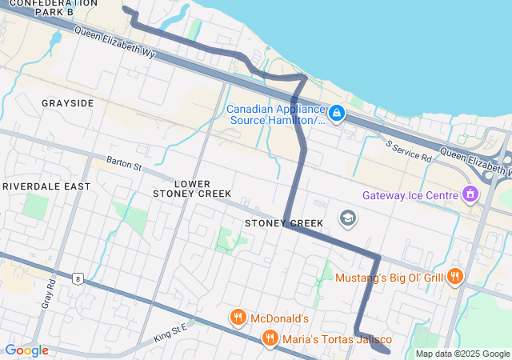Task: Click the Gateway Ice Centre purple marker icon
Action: pyautogui.click(x=470, y=194)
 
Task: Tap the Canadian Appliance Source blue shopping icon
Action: pyautogui.click(x=337, y=114)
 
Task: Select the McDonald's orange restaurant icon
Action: pyautogui.click(x=238, y=318)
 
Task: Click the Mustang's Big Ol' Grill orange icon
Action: pyautogui.click(x=455, y=277)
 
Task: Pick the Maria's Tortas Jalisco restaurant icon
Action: pyautogui.click(x=270, y=338)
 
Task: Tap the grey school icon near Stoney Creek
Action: pyautogui.click(x=347, y=218)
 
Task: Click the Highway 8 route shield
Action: pyautogui.click(x=77, y=278)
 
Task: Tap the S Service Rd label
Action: pyautogui.click(x=408, y=152)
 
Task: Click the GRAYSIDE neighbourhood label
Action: pyautogui.click(x=68, y=103)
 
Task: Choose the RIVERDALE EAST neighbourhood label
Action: pyautogui.click(x=46, y=186)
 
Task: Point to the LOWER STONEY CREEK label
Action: pyautogui.click(x=192, y=189)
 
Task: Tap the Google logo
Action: pyautogui.click(x=26, y=350)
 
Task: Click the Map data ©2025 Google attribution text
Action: pyautogui.click(x=462, y=354)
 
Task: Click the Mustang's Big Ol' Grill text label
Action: pyautogui.click(x=389, y=278)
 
